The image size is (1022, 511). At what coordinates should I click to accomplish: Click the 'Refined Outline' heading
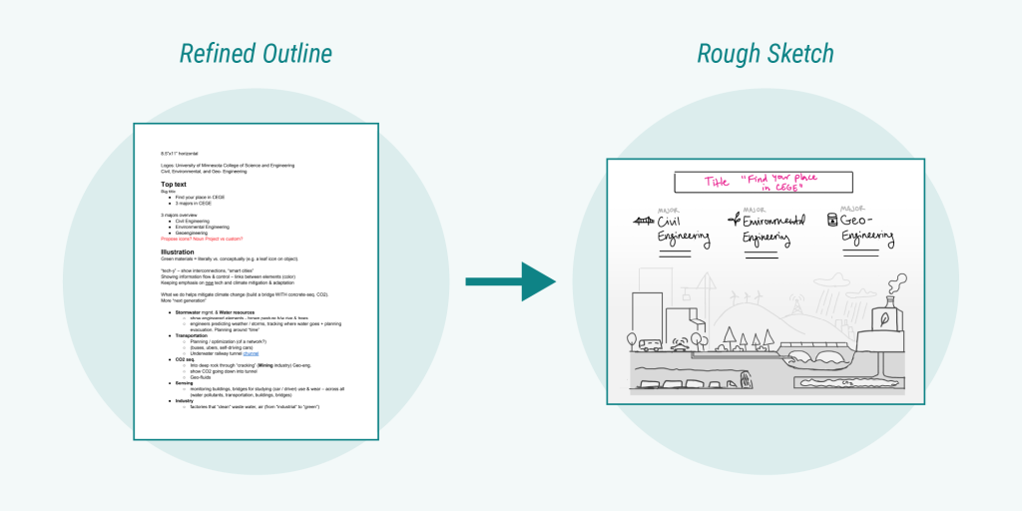[x=255, y=53]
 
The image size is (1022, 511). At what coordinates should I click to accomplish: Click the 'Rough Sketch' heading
[x=765, y=53]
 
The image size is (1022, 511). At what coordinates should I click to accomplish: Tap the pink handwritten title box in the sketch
[x=764, y=183]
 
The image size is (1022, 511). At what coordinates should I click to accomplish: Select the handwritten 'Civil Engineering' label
[x=684, y=231]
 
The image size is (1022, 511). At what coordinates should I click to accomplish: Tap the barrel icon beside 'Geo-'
[x=831, y=219]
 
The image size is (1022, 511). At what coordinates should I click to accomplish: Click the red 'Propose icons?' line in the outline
[x=202, y=239]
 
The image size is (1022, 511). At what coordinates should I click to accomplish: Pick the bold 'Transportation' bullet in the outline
[x=194, y=335]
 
